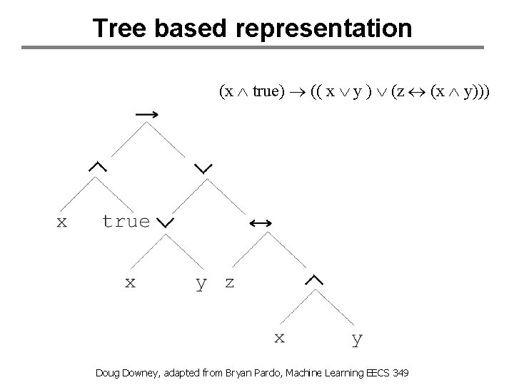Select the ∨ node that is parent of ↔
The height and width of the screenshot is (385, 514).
click(x=203, y=168)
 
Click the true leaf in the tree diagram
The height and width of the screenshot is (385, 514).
click(x=126, y=221)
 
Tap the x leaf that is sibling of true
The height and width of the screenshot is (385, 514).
click(x=62, y=222)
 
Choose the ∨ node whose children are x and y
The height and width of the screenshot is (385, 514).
click(x=165, y=223)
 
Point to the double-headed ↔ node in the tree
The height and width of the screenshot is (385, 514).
click(x=260, y=223)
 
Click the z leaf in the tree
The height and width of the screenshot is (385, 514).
click(x=229, y=282)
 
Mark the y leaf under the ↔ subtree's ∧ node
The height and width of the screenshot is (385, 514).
click(x=357, y=339)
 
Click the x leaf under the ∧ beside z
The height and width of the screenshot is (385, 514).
click(x=280, y=337)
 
